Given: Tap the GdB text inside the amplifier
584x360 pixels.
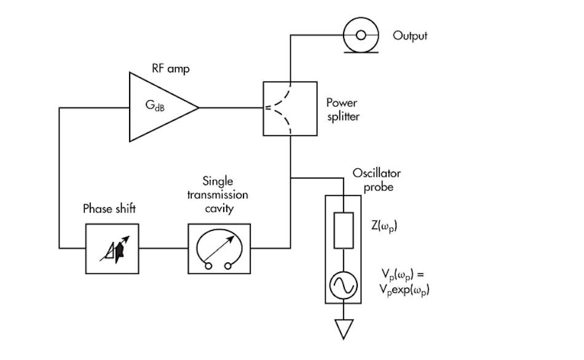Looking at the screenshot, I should [154, 108].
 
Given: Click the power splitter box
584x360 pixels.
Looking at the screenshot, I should [289, 108].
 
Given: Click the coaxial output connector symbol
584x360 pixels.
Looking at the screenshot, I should [360, 35].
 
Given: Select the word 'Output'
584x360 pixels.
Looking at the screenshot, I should [410, 36].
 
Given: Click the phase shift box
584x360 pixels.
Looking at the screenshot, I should [112, 249].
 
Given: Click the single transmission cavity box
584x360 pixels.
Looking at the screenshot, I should [218, 249].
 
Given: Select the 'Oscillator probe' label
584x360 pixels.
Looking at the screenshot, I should [376, 179].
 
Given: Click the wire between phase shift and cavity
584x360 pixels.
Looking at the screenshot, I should [163, 249].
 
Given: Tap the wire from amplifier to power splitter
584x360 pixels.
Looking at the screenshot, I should [231, 108].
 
